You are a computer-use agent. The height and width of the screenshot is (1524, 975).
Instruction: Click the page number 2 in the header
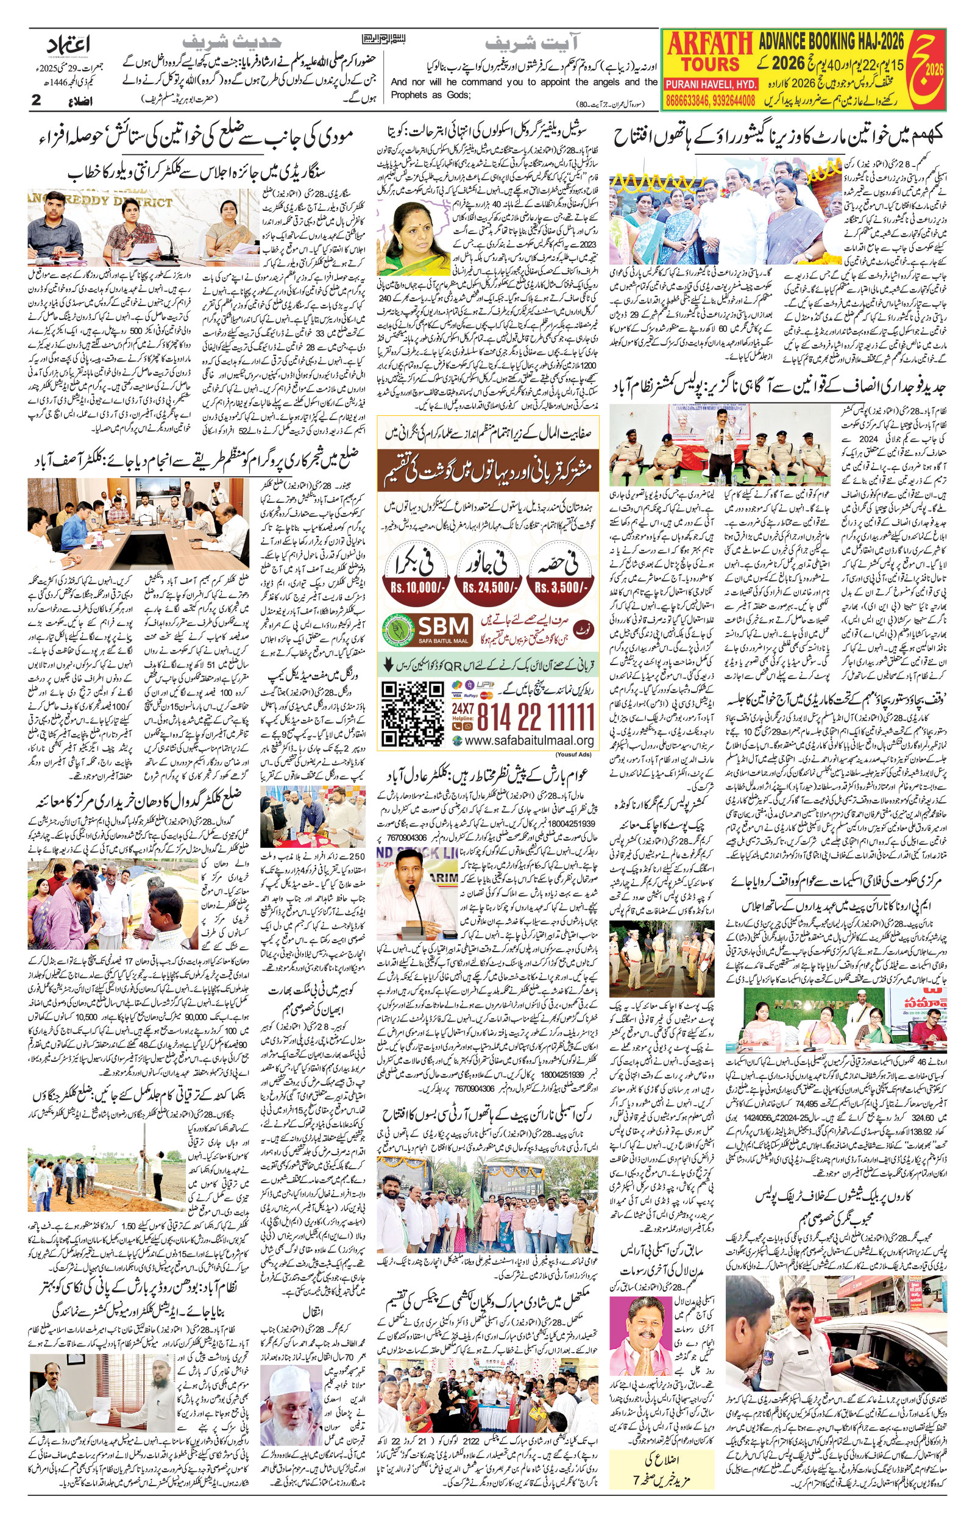36,99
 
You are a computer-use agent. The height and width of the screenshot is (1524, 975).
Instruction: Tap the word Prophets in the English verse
408,95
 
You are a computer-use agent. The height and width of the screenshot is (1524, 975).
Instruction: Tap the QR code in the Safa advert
413,714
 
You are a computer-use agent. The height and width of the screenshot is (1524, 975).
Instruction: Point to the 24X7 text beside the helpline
463,708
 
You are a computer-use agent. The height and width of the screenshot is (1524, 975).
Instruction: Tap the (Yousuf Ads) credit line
574,754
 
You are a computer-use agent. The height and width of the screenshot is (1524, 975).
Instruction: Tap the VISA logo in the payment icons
456,695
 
